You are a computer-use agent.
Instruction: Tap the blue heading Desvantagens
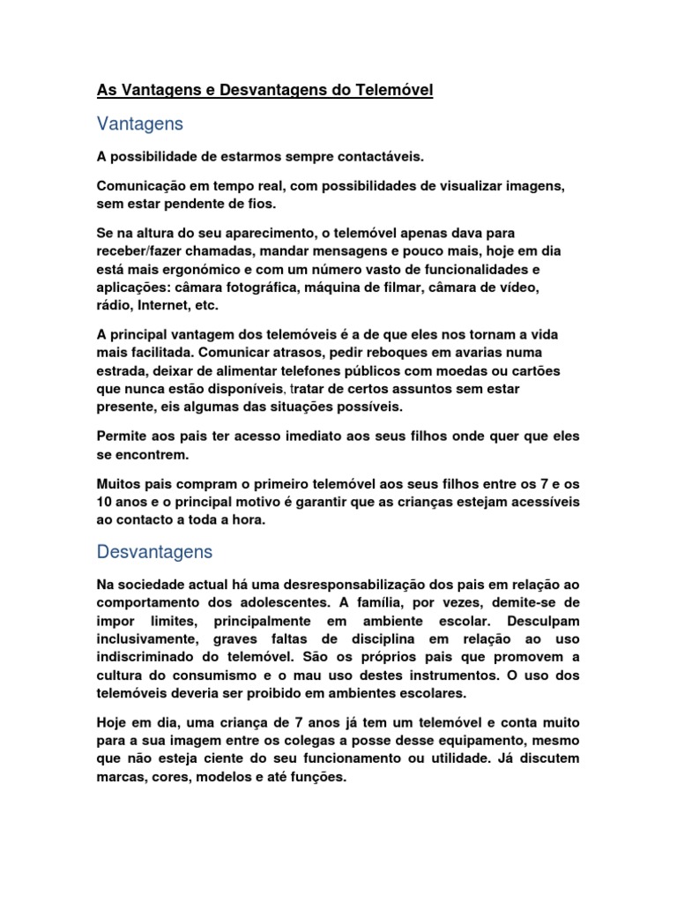pos(154,553)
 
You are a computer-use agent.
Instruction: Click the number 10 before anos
pos(106,503)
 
